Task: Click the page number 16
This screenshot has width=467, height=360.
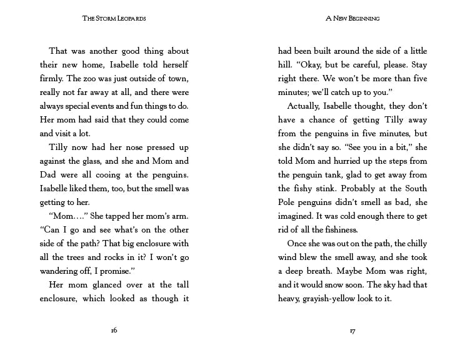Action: pos(114,331)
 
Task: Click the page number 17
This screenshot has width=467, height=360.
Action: pos(353,331)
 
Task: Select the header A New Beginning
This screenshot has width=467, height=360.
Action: pos(353,19)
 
